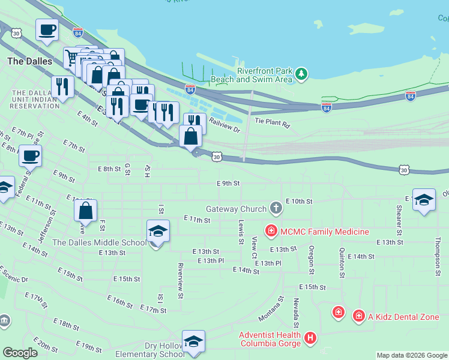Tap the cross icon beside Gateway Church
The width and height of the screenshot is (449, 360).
[x=276, y=208]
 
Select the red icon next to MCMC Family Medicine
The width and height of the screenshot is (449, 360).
[x=271, y=230]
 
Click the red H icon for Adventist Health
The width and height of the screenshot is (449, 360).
[x=310, y=339]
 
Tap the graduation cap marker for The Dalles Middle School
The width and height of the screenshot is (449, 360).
[x=158, y=232]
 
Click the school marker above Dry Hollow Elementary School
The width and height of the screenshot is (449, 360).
[x=193, y=341]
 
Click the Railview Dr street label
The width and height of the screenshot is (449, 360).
[x=224, y=125]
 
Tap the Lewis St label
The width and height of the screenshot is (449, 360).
[x=241, y=232]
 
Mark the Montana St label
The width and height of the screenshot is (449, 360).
[x=271, y=308]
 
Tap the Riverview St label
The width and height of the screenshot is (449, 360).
[x=180, y=277]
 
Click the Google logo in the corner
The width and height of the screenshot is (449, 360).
[x=20, y=352]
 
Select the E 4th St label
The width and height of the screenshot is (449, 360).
[x=87, y=118]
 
